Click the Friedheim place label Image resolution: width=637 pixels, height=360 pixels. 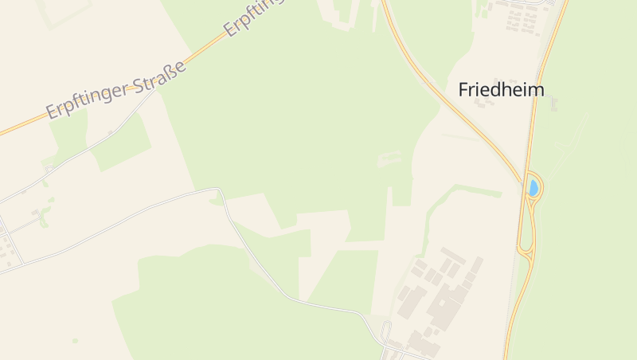click(x=501, y=89)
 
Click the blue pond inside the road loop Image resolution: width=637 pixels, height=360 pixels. click(x=533, y=188)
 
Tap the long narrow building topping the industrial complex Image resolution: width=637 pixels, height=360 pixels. click(x=451, y=256)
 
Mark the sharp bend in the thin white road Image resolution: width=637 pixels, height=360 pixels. click(x=219, y=190)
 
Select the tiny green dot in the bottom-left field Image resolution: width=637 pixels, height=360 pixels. click(x=75, y=341)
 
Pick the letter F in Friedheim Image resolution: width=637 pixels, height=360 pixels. click(x=463, y=90)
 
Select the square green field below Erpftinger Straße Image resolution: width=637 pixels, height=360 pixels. click(x=119, y=143)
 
